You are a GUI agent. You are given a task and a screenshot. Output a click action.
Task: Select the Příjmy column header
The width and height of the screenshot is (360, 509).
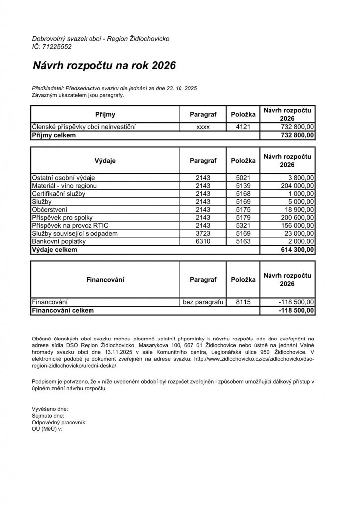tap(105, 114)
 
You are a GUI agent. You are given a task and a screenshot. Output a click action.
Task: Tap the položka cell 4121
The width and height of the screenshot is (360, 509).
tap(243, 127)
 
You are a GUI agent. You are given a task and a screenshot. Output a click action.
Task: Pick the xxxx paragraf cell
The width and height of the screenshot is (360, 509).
tap(203, 127)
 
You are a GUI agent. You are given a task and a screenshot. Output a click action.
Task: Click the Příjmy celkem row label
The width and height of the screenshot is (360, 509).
tap(54, 135)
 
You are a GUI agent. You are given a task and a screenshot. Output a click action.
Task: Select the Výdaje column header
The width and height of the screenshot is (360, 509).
tap(105, 161)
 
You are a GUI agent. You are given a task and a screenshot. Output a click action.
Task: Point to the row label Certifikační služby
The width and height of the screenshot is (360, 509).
tap(58, 194)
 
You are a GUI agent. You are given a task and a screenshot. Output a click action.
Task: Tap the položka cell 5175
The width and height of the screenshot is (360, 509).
tap(243, 210)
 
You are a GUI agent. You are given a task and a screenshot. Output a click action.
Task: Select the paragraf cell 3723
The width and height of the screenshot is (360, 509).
tap(203, 234)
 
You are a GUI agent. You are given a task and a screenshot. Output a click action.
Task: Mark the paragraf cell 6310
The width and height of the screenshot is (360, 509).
tap(203, 242)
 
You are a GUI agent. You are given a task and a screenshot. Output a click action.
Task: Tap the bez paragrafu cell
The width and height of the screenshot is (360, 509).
tap(203, 302)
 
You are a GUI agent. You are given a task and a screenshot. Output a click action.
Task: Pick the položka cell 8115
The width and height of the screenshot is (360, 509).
tap(243, 302)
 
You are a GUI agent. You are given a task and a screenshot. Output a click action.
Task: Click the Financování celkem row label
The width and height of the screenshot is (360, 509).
tap(63, 310)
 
